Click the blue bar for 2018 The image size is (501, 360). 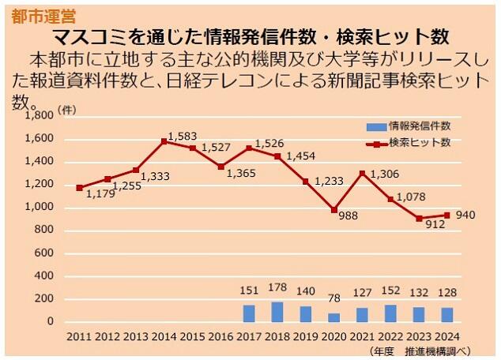pyautogui.click(x=277, y=312)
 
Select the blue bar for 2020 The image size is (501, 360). pyautogui.click(x=334, y=317)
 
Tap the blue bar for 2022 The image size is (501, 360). pyautogui.click(x=390, y=313)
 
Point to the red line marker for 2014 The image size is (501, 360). pyautogui.click(x=164, y=141)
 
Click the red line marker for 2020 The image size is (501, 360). pyautogui.click(x=333, y=210)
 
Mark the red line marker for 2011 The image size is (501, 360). pyautogui.click(x=79, y=188)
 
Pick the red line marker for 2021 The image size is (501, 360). pyautogui.click(x=362, y=174)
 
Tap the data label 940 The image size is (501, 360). pyautogui.click(x=465, y=216)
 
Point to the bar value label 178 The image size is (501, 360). pyautogui.click(x=277, y=290)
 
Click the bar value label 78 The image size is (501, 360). pyautogui.click(x=334, y=298)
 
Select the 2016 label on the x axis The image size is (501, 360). pyautogui.click(x=220, y=336)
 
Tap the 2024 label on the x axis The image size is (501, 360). pyautogui.click(x=447, y=336)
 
